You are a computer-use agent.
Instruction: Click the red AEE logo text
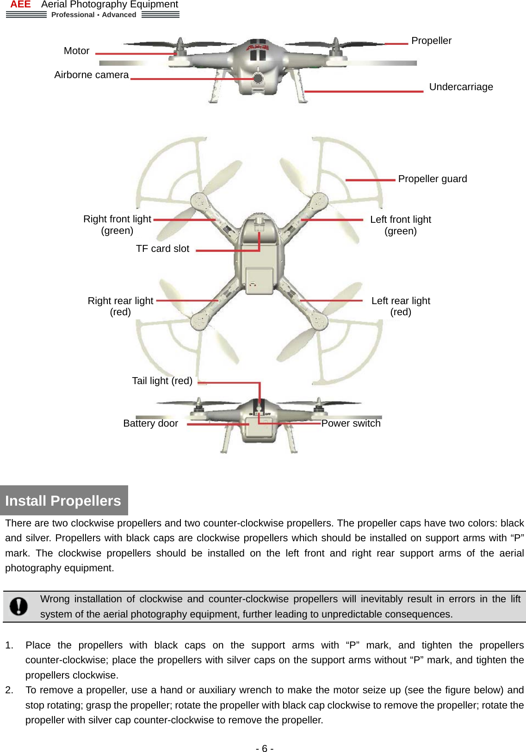[20, 5]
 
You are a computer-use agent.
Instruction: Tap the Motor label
[76, 51]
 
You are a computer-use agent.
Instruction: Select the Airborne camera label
[91, 75]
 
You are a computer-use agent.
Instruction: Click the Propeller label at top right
[431, 41]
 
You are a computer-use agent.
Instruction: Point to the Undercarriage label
[461, 87]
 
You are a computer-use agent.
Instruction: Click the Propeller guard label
[432, 179]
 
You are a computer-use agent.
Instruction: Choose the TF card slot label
[162, 249]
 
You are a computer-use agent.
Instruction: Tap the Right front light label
[117, 219]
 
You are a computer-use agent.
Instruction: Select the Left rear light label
[401, 301]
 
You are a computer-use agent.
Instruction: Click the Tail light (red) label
[162, 381]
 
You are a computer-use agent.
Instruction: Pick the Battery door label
[150, 423]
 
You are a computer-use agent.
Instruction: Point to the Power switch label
[351, 423]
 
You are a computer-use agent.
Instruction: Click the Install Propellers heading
[63, 501]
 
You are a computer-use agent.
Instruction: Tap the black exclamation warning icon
[19, 606]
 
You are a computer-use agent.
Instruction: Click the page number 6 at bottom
[265, 749]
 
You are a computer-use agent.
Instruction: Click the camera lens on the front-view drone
[258, 78]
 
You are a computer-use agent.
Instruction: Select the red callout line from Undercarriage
[364, 92]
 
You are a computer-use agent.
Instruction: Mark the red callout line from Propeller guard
[370, 180]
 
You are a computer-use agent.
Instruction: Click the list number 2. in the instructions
[9, 690]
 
